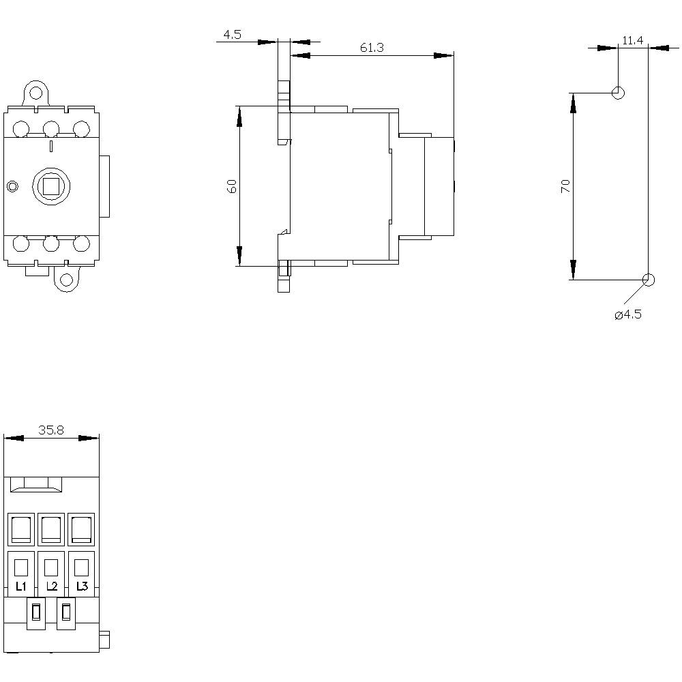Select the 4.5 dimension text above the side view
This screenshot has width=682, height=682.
pos(232,35)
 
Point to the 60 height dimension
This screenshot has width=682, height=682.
pos(231,186)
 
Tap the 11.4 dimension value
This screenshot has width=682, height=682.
pos(632,41)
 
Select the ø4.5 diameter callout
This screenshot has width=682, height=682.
pos(628,314)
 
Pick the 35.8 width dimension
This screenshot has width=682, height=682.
pos(51,430)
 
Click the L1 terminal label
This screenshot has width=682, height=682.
pos(20,587)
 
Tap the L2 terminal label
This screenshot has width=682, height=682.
pos(51,587)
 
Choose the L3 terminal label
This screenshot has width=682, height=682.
pos(82,587)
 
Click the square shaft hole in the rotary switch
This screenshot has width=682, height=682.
pos(52,186)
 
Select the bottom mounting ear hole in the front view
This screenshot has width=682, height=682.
pos(67,280)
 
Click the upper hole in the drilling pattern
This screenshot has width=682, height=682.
pos(618,92)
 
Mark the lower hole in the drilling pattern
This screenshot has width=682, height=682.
pos(648,280)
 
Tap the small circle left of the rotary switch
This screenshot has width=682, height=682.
pos(12,186)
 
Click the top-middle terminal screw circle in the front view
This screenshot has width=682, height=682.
pos(51,128)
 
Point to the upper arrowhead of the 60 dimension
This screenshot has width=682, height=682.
pos(239,117)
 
